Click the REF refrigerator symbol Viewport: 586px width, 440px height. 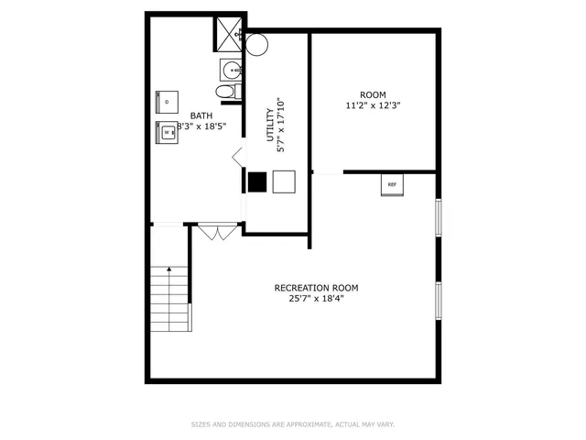[x=392, y=184]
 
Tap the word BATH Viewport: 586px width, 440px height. [x=201, y=115]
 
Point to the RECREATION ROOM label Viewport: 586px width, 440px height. [x=316, y=288]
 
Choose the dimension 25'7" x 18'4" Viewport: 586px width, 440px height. [x=316, y=299]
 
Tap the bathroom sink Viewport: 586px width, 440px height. [x=230, y=69]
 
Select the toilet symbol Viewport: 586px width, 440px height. [x=225, y=92]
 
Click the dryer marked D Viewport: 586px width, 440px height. [x=168, y=101]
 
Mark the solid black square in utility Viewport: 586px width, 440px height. [x=257, y=181]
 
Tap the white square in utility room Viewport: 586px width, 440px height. [x=284, y=181]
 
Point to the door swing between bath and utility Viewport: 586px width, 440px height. [x=237, y=157]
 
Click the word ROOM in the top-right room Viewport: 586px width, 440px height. [x=373, y=94]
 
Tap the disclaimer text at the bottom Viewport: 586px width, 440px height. [x=292, y=424]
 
